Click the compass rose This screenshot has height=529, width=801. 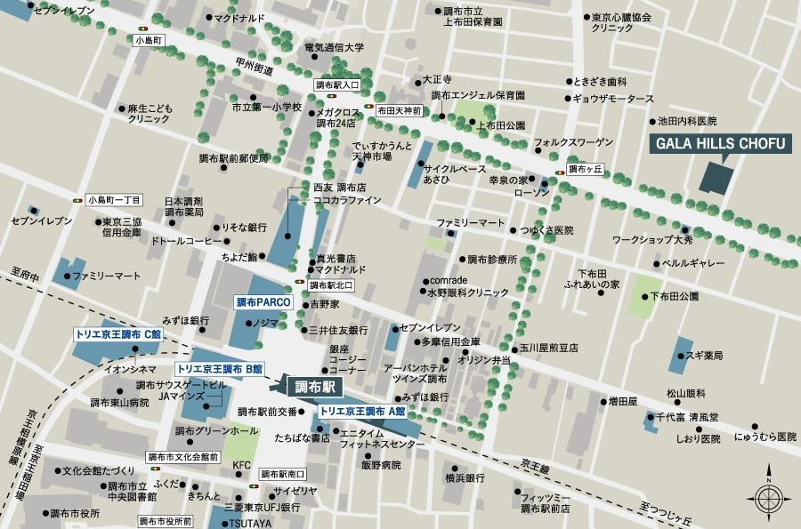[x=766, y=491]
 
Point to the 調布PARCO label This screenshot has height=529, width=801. [x=257, y=302]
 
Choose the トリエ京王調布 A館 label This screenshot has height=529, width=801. [x=361, y=412]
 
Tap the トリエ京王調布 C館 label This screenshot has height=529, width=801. [x=117, y=334]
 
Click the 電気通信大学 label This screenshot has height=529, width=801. [x=335, y=48]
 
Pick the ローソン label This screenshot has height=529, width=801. [x=533, y=192]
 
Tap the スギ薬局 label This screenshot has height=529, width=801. [x=704, y=356]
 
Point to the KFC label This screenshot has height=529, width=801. [x=241, y=465]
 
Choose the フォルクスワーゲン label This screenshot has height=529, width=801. [x=573, y=142]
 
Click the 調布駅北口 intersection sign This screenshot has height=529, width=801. [x=331, y=285]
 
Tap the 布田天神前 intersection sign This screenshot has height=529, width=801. [x=399, y=111]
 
